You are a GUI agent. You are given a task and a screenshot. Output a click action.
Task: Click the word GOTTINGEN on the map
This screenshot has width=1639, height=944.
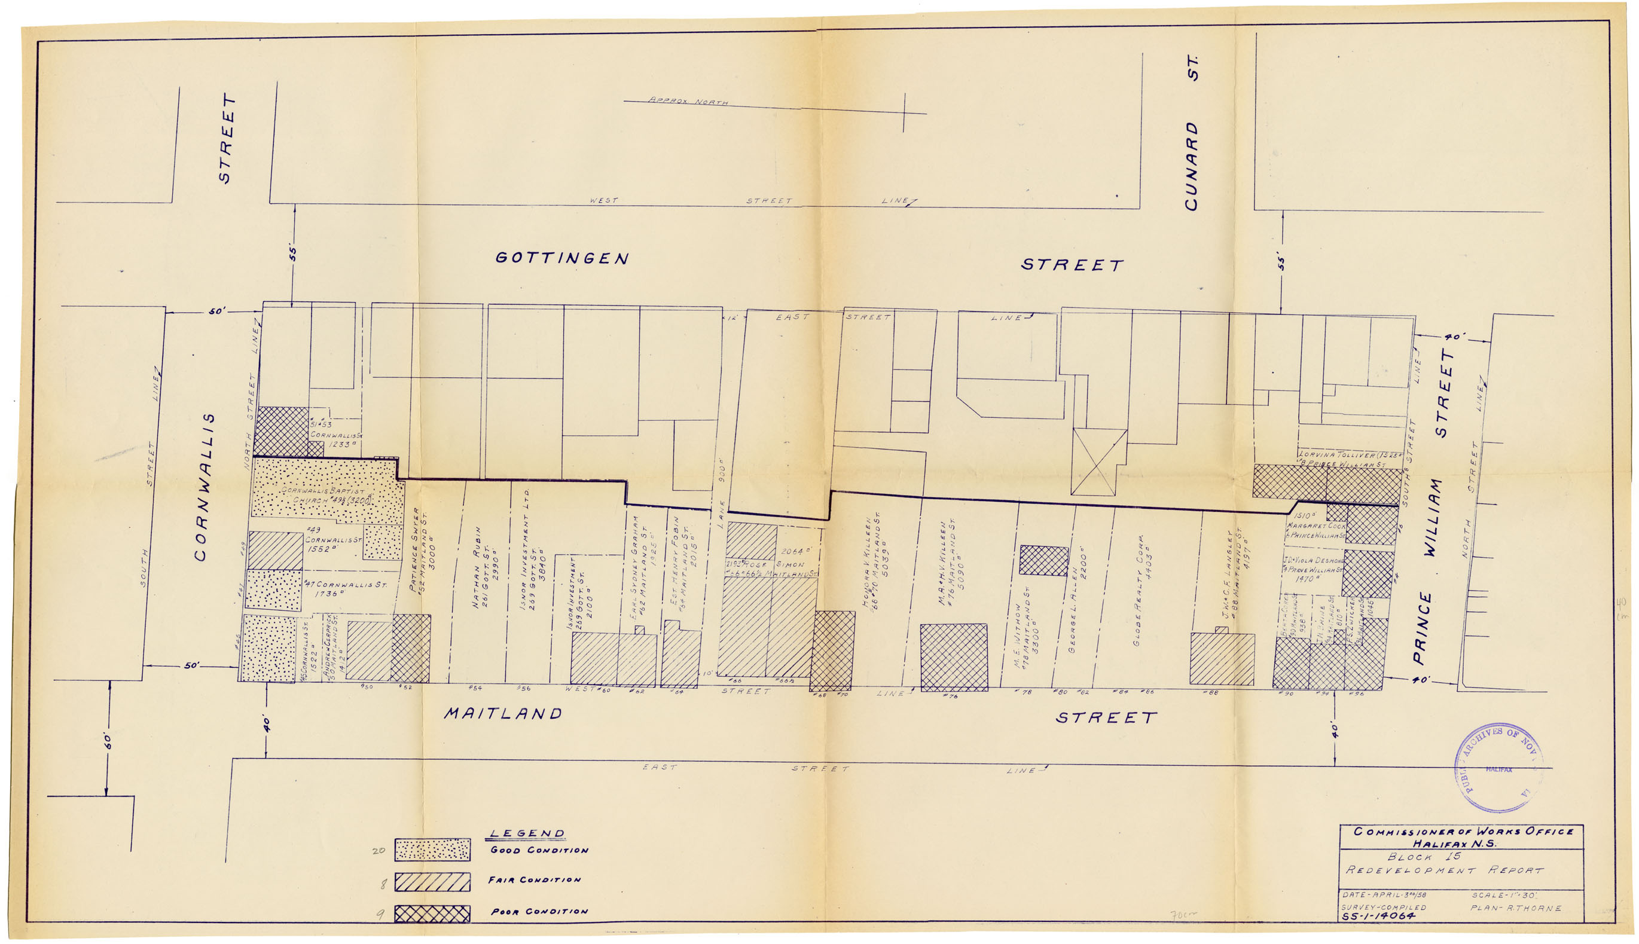tap(561, 258)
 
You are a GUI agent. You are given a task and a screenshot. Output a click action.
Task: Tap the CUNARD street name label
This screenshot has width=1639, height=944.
tap(1191, 166)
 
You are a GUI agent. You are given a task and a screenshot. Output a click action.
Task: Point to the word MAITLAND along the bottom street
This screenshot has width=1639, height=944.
tap(503, 714)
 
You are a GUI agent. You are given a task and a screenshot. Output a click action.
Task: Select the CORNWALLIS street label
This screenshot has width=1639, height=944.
tap(202, 486)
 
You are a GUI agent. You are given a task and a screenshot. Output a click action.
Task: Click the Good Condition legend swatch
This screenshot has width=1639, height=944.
tap(432, 850)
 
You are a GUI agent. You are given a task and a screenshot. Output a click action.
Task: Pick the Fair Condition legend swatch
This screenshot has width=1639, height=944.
tap(432, 882)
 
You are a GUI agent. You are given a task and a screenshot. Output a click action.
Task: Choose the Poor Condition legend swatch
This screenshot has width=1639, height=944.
tap(432, 914)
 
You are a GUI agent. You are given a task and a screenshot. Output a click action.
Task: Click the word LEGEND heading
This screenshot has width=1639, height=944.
tap(526, 834)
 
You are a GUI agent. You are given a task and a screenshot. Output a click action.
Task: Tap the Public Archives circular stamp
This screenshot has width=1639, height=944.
tap(1498, 768)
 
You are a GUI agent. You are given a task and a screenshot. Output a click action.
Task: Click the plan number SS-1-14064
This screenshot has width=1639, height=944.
tap(1378, 916)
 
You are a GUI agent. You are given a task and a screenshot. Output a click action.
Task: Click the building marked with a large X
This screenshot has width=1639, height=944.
tap(1098, 462)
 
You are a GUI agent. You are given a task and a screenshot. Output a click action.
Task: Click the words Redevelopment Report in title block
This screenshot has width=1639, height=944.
tap(1445, 870)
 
